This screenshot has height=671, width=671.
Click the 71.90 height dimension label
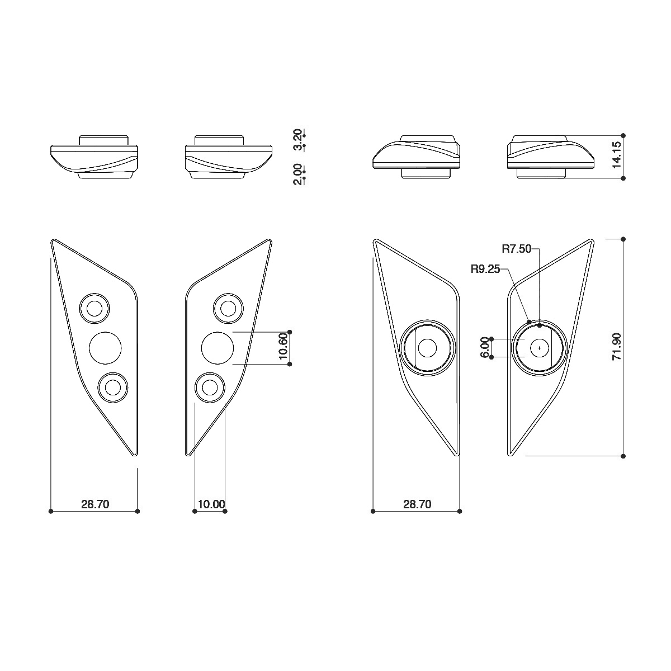click(617, 347)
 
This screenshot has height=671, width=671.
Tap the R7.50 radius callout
click(516, 249)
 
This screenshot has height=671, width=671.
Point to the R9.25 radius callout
click(485, 269)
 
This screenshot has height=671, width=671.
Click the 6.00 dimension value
click(485, 347)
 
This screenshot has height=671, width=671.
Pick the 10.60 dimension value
click(283, 347)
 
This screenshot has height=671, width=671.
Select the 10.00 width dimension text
click(211, 504)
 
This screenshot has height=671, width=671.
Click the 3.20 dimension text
click(298, 140)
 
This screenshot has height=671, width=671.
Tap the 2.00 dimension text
click(298, 174)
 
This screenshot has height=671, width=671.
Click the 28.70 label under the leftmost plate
click(95, 504)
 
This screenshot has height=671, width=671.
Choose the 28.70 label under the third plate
click(417, 504)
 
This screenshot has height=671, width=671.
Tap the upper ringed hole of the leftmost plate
click(94, 308)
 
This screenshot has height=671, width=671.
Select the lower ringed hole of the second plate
click(210, 387)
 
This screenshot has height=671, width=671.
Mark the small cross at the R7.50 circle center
click(539, 348)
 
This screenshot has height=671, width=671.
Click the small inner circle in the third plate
click(428, 348)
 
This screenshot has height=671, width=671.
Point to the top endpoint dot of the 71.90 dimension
click(623, 239)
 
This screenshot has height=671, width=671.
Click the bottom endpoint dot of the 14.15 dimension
click(623, 178)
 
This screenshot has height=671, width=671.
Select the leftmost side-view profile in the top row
click(94, 157)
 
